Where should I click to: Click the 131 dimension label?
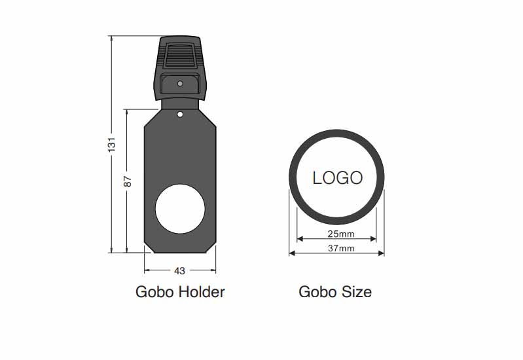112,144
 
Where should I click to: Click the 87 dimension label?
128,181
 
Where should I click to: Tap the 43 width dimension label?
179,271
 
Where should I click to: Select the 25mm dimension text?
340,234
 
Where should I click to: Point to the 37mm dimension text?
341,249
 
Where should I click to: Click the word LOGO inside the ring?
337,178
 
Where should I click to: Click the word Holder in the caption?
202,292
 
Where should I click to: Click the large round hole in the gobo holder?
180,209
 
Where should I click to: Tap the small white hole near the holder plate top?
180,115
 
